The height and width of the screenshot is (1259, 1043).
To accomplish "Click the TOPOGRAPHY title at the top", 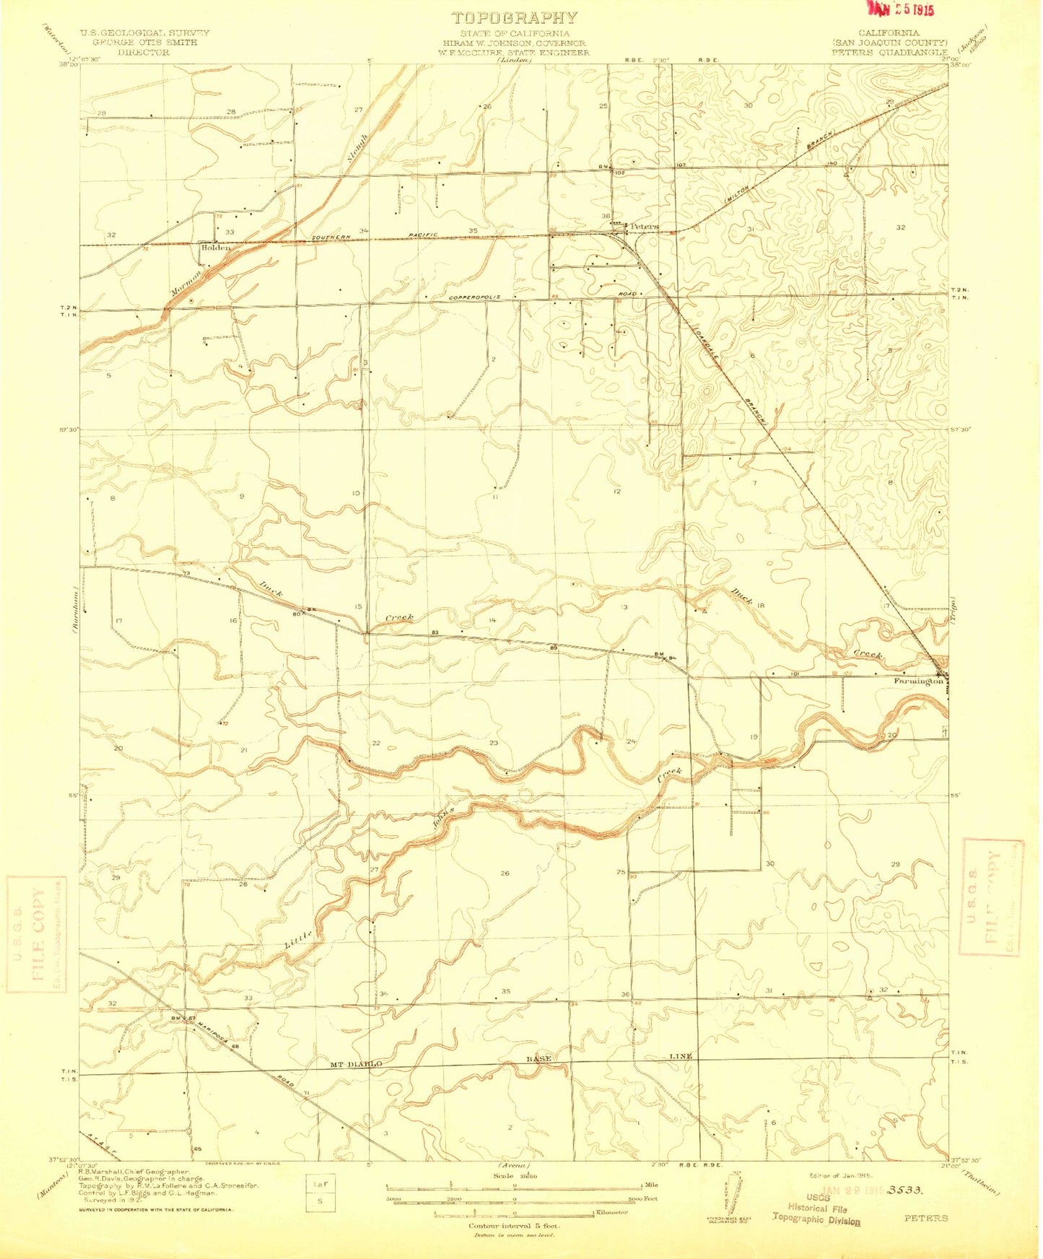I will click(x=514, y=18).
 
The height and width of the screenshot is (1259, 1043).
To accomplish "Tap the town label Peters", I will click(x=644, y=226).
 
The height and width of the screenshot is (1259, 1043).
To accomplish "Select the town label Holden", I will click(x=216, y=248).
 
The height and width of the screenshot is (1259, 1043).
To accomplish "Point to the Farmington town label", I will click(x=918, y=681).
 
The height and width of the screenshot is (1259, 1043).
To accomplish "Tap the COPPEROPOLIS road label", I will click(x=474, y=297).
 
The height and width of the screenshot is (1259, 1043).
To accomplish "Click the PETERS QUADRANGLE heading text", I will click(x=889, y=52).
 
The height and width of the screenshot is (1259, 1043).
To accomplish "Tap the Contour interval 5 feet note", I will click(x=514, y=1226).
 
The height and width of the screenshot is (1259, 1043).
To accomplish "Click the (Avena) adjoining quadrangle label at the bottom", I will click(x=513, y=1167).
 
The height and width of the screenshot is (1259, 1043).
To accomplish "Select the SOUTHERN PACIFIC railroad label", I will click(x=397, y=235).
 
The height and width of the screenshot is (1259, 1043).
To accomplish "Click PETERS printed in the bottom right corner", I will click(x=926, y=1218).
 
